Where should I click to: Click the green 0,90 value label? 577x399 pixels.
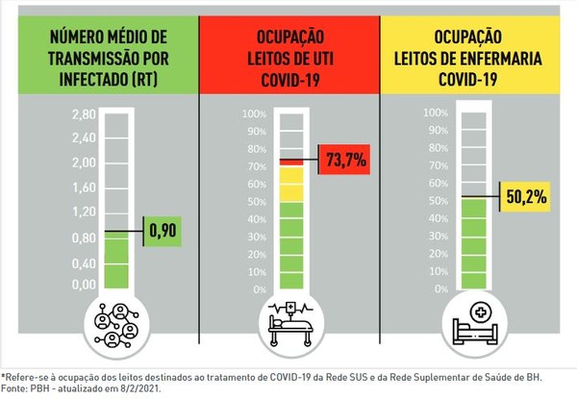[x=162, y=231]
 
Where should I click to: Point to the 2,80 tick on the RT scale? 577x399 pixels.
[x=85, y=114]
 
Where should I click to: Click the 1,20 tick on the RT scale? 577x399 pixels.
[x=85, y=212]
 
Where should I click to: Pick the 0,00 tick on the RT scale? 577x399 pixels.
[x=85, y=285]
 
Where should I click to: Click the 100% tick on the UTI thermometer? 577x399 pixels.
[x=255, y=114]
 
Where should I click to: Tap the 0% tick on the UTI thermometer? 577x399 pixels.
[x=259, y=289]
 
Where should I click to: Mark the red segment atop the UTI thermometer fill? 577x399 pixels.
[x=291, y=162]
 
